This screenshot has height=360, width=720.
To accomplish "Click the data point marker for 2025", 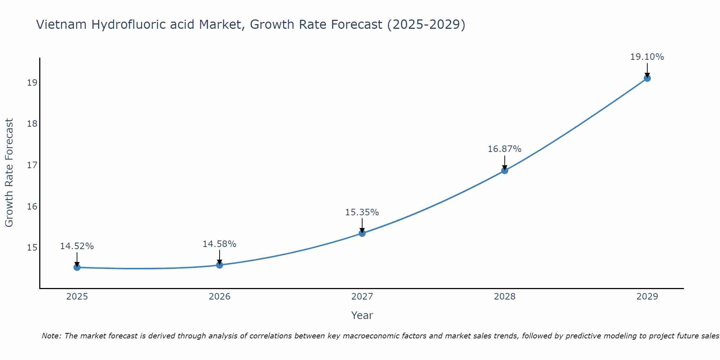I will pyautogui.click(x=77, y=267).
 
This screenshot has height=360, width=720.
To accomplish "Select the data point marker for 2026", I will pyautogui.click(x=220, y=265).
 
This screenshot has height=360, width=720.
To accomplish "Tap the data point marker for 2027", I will pyautogui.click(x=362, y=233).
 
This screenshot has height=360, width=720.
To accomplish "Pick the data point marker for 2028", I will pyautogui.click(x=505, y=171).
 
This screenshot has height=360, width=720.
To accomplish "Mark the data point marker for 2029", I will pyautogui.click(x=647, y=78).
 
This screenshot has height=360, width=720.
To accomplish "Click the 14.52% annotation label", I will pyautogui.click(x=77, y=246).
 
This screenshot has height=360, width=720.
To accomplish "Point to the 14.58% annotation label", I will pyautogui.click(x=220, y=244).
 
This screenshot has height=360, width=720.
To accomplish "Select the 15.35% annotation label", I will pyautogui.click(x=362, y=212).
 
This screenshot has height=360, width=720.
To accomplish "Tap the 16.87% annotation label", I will pyautogui.click(x=505, y=149).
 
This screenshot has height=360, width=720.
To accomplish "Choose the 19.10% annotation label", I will pyautogui.click(x=647, y=57).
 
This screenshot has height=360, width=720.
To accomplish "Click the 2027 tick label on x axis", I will pyautogui.click(x=362, y=297).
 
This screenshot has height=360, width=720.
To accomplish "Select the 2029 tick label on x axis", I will pyautogui.click(x=647, y=297).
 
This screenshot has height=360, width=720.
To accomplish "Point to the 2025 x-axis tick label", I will pyautogui.click(x=77, y=297).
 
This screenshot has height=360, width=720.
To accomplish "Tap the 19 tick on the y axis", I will pyautogui.click(x=32, y=83).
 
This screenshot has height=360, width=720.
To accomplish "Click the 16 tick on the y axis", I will pyautogui.click(x=32, y=206).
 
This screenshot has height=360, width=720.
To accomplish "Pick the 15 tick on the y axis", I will pyautogui.click(x=32, y=248).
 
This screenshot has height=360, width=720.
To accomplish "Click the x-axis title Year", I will pyautogui.click(x=362, y=315).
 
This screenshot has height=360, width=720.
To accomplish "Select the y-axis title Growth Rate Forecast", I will pyautogui.click(x=9, y=173).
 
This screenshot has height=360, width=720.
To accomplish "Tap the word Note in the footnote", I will pyautogui.click(x=51, y=336).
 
